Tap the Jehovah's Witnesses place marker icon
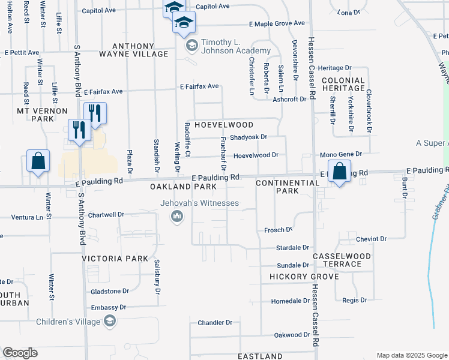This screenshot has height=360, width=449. (177, 216)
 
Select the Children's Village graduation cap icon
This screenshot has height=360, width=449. (109, 322)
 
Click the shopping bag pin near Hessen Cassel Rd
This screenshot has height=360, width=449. (339, 170)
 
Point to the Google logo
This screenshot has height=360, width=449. (20, 353)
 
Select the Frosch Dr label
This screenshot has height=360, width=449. (278, 230)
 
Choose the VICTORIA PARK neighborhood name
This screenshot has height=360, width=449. (115, 259)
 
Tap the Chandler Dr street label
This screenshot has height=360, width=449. (215, 323)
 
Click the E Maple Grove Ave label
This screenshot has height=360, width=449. (277, 24)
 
